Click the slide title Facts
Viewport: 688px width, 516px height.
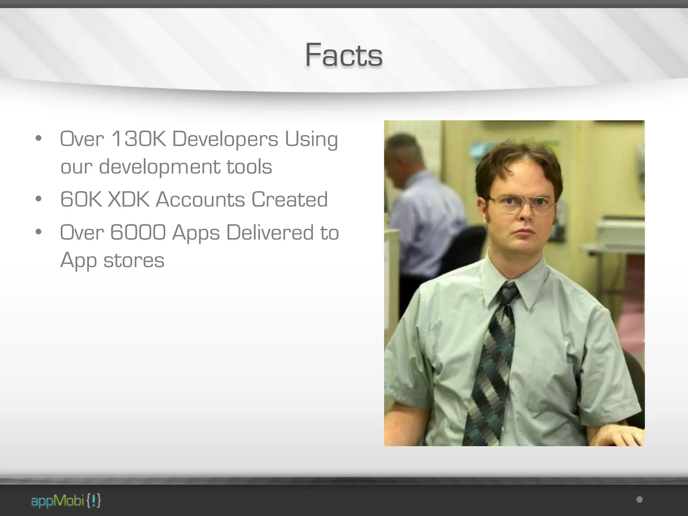point(344,55)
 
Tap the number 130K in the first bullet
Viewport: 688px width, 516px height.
point(138,139)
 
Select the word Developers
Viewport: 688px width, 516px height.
point(225,139)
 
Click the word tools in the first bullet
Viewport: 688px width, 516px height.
point(249,167)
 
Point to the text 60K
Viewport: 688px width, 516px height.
point(81,199)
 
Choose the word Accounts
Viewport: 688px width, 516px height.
point(200,199)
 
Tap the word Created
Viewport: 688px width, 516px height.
point(289,199)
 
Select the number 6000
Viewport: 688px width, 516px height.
point(138,232)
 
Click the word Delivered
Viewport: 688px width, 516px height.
point(270,232)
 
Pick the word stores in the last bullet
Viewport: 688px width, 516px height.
point(134,260)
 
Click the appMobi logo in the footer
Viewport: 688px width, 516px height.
point(66,501)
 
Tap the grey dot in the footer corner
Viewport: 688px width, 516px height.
point(639,500)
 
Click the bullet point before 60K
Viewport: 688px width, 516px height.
point(39,199)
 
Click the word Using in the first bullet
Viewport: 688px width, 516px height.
point(311,139)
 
